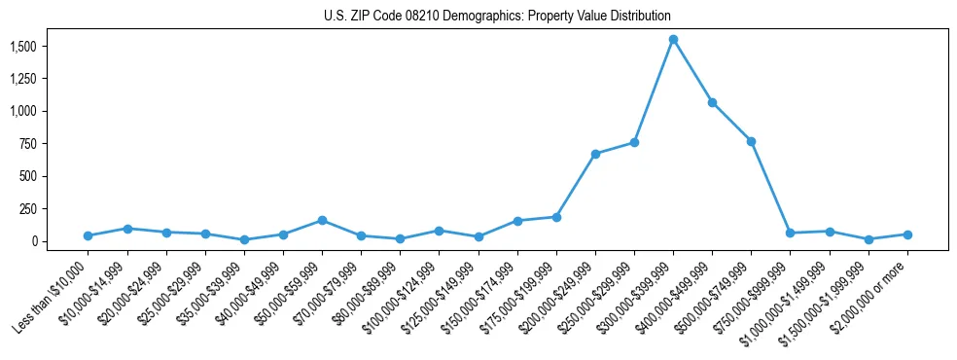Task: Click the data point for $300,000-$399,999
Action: tap(673, 39)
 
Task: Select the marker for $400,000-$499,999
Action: tap(712, 102)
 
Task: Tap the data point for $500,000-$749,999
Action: tap(751, 141)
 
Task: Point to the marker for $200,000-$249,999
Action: tap(595, 154)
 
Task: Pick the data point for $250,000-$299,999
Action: tap(634, 142)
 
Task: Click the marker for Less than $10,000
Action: tap(88, 235)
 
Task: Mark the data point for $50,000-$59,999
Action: tap(322, 220)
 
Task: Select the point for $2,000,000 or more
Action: tap(907, 234)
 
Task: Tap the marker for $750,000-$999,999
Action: tap(790, 233)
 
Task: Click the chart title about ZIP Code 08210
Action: tap(497, 17)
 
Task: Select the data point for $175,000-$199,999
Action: tap(556, 217)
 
